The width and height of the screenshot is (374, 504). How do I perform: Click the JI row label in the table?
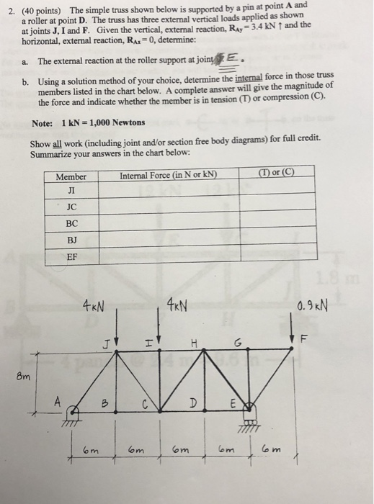tap(71, 190)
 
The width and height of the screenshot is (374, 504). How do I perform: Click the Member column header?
tap(71, 176)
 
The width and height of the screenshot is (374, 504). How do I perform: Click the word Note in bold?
tap(43, 122)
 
